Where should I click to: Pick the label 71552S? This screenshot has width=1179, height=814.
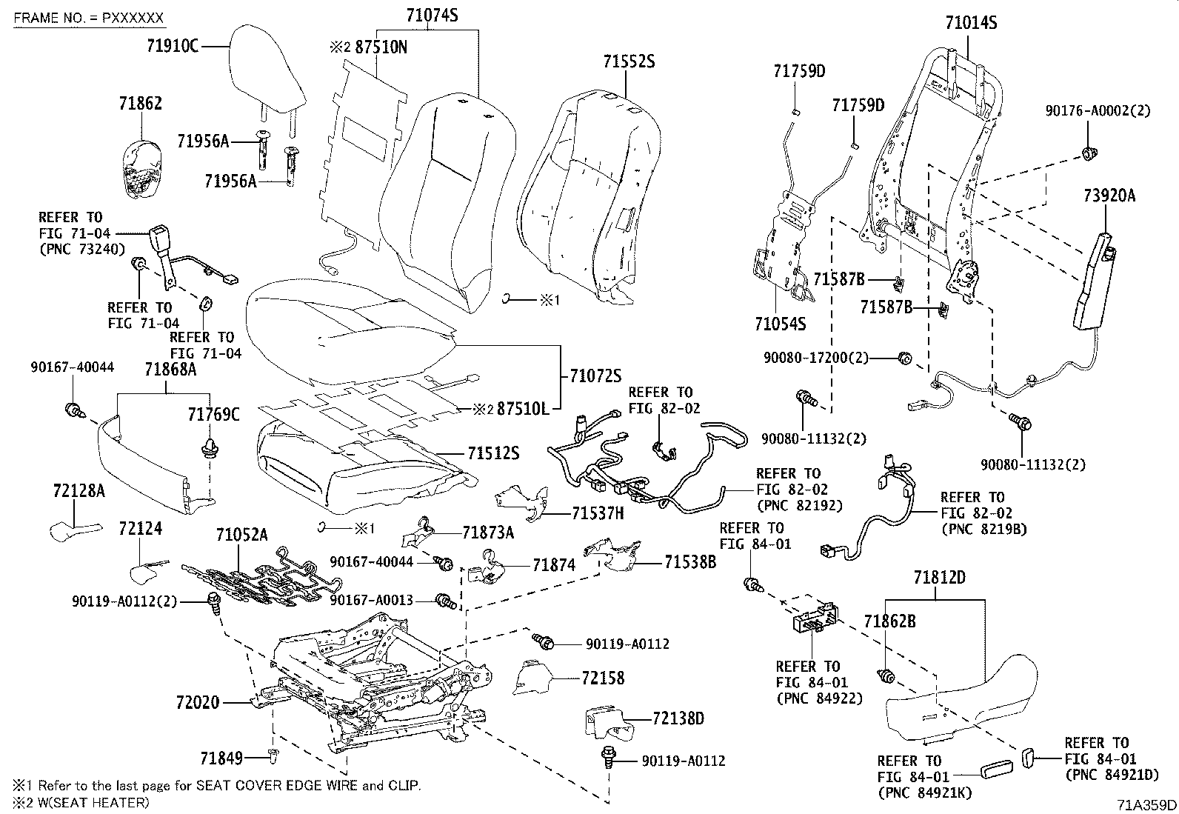click(x=628, y=61)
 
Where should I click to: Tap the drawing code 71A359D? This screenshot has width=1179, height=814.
click(x=1147, y=804)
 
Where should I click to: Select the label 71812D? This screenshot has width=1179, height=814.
click(x=939, y=577)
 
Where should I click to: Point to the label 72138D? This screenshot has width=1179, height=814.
click(x=678, y=717)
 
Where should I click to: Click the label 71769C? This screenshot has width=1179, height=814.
click(x=213, y=414)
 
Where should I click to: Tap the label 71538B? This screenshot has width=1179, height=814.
click(x=689, y=561)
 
